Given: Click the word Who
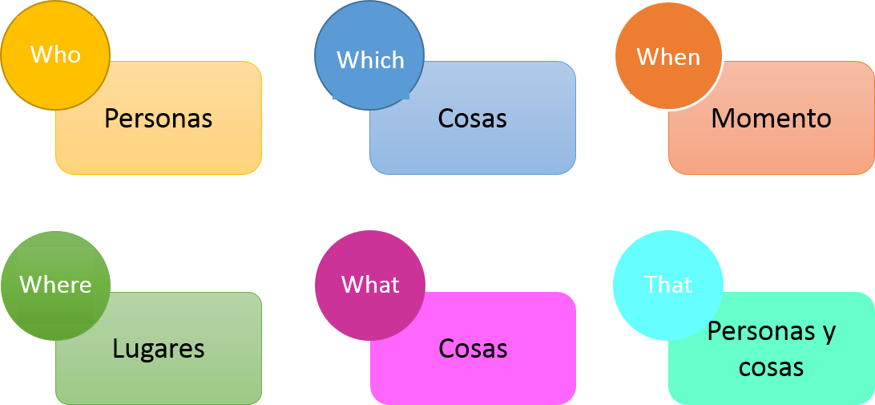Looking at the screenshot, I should [55, 55].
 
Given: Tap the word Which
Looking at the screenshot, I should [370, 60].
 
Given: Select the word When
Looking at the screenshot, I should [668, 57].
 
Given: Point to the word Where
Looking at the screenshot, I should [55, 285].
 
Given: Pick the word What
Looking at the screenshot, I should [370, 285].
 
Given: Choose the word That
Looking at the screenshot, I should [668, 285].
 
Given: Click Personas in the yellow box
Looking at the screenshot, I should [159, 119].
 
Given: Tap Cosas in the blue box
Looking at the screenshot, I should [473, 119].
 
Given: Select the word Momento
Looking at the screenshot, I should [771, 119].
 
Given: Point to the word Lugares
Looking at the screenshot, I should [159, 349].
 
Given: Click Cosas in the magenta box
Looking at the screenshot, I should [473, 349].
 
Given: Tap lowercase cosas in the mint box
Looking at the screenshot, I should [771, 367].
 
